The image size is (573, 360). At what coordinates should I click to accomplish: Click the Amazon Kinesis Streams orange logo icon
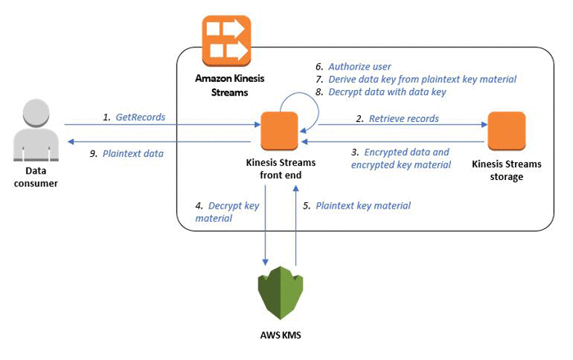point(227,41)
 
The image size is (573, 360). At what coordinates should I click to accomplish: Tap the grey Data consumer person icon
point(36,130)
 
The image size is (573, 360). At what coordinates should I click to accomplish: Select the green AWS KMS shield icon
point(280,293)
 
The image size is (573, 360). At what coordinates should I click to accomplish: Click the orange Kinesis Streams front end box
point(280,131)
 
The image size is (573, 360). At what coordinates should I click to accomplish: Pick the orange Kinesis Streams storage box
point(507,131)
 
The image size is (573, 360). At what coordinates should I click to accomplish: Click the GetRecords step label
point(140,117)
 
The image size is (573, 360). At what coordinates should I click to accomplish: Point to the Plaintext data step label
point(133,154)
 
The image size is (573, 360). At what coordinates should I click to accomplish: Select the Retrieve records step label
point(404,119)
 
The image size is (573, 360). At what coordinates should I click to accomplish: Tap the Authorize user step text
point(359,67)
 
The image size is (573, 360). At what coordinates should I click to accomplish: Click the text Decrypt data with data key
point(387,92)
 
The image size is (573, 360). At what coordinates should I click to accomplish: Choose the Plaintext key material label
point(363,206)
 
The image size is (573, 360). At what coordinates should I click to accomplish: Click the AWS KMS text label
point(281,335)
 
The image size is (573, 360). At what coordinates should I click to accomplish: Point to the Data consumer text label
point(36,177)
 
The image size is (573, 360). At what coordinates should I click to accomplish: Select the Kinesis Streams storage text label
point(507,170)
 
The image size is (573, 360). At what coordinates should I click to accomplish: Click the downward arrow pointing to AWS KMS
point(265,225)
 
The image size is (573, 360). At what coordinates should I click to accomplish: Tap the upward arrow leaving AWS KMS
point(296,225)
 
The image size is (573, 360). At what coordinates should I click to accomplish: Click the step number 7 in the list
point(319,79)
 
